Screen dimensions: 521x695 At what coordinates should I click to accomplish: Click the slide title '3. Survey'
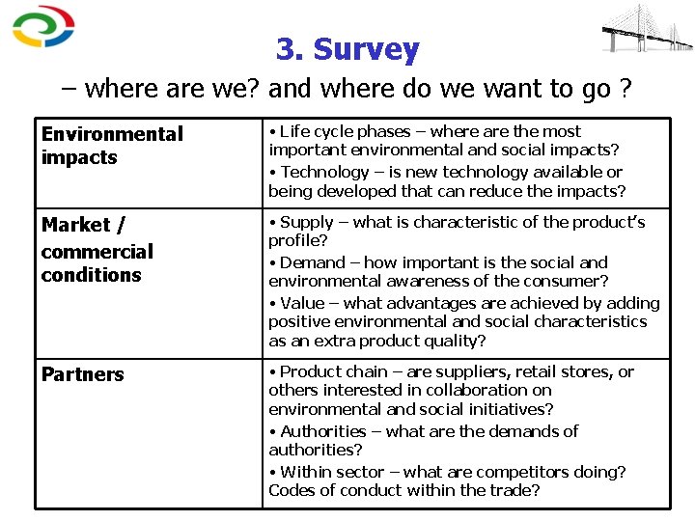tap(347, 49)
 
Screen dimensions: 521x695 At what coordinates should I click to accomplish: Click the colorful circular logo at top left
tap(42, 27)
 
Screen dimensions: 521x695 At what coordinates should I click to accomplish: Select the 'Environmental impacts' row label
tap(112, 146)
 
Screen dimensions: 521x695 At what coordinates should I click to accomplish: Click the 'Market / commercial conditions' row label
tap(97, 251)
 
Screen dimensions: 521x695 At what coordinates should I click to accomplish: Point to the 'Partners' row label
tap(83, 374)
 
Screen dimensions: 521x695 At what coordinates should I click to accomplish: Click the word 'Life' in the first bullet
tap(295, 131)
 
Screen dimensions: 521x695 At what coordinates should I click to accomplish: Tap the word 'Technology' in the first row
tap(324, 172)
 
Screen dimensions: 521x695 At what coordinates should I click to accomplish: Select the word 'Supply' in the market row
tap(306, 222)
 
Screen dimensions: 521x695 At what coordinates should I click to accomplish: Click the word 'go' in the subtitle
tap(598, 90)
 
